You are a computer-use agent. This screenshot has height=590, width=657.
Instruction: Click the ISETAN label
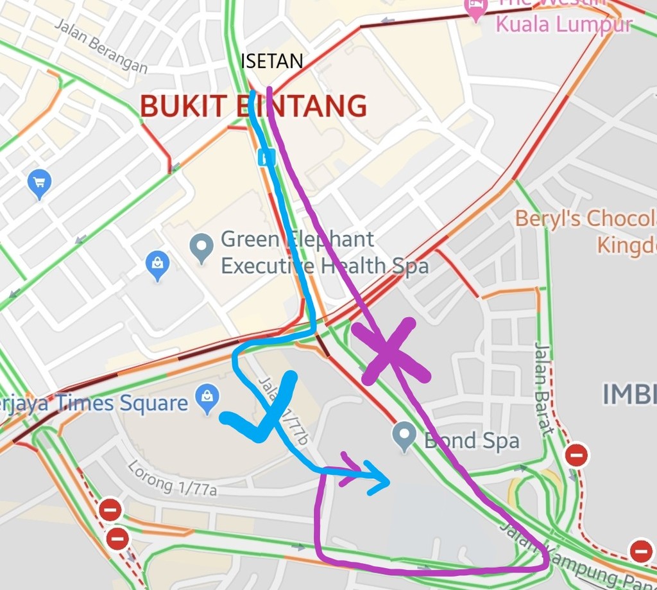pyautogui.click(x=271, y=62)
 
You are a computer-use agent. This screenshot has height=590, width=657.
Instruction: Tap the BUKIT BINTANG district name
pyautogui.click(x=253, y=106)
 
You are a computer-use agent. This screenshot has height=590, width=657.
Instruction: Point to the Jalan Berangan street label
pyautogui.click(x=101, y=45)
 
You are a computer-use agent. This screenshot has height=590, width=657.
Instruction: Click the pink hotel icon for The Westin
pyautogui.click(x=475, y=10)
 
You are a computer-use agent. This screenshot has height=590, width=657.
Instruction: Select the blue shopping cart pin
pyautogui.click(x=40, y=184)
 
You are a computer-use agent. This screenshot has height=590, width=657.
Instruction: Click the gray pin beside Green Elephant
pyautogui.click(x=201, y=247)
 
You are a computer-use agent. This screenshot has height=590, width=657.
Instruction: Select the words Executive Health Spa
pyautogui.click(x=325, y=266)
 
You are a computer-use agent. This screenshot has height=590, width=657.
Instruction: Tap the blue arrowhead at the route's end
pyautogui.click(x=380, y=478)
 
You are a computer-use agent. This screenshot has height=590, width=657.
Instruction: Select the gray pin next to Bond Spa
pyautogui.click(x=404, y=437)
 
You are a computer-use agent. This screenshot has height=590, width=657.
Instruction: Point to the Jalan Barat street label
pyautogui.click(x=543, y=388)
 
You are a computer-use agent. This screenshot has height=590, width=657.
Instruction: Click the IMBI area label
pyautogui.click(x=629, y=394)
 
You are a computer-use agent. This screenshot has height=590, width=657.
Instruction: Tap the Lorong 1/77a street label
pyautogui.click(x=172, y=477)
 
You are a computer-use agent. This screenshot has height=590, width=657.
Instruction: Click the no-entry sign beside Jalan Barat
pyautogui.click(x=576, y=455)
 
